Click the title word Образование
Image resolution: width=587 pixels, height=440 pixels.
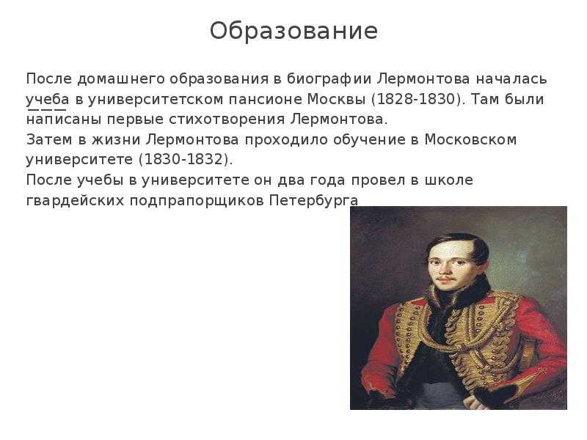coord(293,31)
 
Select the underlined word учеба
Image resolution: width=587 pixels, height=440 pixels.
coord(48,100)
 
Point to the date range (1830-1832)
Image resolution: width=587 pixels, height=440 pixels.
coord(186,159)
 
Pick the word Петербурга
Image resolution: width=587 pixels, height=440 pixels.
coord(314,201)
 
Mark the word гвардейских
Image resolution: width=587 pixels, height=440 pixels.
coord(75,201)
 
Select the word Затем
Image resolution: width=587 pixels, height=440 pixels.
coord(49,139)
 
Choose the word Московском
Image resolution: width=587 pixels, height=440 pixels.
coord(470,139)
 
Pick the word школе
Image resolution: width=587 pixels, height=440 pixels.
coord(449,180)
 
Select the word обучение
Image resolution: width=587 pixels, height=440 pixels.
coord(368,140)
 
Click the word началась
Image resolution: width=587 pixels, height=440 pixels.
coord(511,79)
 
